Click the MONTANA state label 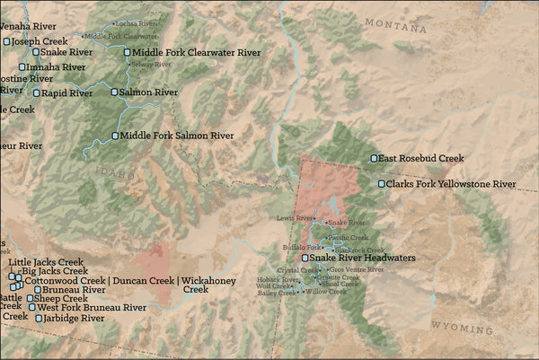click(395, 25)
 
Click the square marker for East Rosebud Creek click(375, 159)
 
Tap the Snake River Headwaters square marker click(305, 258)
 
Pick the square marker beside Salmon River click(115, 92)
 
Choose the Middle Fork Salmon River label click(177, 136)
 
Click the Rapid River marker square click(37, 92)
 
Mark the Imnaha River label click(57, 66)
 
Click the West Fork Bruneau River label click(92, 308)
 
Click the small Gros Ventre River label click(357, 269)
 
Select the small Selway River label click(151, 65)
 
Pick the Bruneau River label click(75, 290)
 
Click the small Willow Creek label click(326, 292)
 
